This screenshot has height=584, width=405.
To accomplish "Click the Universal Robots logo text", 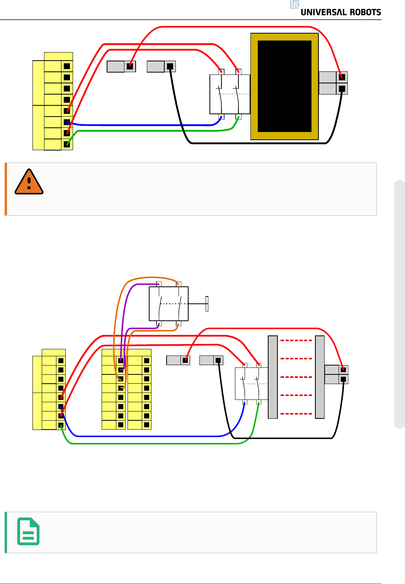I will point(340,12).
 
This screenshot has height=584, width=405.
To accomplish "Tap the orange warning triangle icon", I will point(29,182).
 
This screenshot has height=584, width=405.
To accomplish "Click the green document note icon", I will point(29,532).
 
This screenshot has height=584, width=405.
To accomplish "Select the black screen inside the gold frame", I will point(284,86).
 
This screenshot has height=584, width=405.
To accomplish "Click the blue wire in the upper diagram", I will point(143,125).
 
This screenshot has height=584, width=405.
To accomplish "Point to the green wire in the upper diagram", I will point(147,131).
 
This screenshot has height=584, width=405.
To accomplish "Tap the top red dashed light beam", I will point(296,340).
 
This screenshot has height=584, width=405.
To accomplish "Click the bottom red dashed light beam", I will point(296,413).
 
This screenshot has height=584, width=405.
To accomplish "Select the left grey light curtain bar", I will point(273,377).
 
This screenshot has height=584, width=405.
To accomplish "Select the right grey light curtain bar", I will point(320,377).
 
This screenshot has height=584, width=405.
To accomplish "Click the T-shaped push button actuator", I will point(207,304).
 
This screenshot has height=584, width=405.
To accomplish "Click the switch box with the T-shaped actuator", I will point(169,304).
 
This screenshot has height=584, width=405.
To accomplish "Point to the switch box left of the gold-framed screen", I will point(230,94).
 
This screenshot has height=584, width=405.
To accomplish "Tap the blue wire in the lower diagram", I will point(147,436).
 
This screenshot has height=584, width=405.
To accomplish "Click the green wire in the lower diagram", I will point(155,444).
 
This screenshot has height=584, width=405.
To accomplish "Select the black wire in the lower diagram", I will point(282,438).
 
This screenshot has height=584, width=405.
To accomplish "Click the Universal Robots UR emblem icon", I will point(294,4).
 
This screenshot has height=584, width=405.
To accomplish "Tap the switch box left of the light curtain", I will point(251,383).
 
